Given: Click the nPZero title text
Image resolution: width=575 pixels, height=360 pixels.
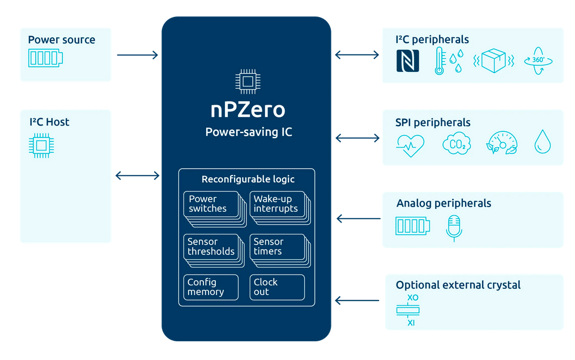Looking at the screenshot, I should click(x=246, y=110).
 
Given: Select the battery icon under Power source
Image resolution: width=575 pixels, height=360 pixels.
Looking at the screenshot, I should click(x=45, y=58).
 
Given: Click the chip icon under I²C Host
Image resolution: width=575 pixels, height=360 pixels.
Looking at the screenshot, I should click(x=41, y=145).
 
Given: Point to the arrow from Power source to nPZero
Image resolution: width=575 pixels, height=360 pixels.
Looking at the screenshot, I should click(x=137, y=55).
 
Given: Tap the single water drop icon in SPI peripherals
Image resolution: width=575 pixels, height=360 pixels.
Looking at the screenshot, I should click(x=542, y=143).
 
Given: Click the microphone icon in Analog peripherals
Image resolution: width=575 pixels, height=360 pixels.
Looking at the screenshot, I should click(x=454, y=228).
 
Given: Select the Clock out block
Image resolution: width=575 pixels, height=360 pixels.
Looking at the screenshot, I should click(x=277, y=287).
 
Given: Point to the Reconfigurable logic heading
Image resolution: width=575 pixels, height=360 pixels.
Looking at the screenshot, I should click(x=248, y=179).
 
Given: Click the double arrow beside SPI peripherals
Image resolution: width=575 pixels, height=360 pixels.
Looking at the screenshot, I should click(x=357, y=138).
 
